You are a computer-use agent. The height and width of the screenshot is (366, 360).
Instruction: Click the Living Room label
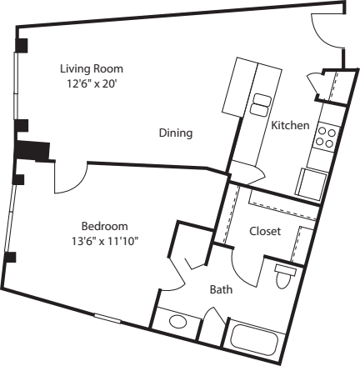point(92,68)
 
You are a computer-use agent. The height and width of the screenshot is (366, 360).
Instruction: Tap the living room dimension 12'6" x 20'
point(92,83)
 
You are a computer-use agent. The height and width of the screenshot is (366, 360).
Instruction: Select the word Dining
point(176,133)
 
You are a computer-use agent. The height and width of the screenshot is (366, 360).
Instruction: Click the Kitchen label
point(290,125)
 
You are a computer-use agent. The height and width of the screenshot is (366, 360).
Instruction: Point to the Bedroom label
point(105,226)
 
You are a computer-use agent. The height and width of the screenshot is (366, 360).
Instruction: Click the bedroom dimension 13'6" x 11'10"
point(105,242)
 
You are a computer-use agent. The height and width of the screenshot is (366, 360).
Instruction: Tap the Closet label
point(265,231)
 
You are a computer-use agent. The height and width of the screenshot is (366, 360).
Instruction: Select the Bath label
point(221,289)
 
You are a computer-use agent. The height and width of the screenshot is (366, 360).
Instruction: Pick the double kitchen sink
point(260,104)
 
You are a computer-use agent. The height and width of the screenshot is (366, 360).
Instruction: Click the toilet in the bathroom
point(284,276)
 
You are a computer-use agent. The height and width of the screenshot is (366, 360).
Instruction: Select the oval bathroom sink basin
point(178,322)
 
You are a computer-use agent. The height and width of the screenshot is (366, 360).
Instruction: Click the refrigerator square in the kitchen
point(312,184)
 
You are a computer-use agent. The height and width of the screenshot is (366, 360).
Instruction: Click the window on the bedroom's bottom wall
point(107,318)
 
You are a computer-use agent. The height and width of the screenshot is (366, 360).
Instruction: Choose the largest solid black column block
point(32,151)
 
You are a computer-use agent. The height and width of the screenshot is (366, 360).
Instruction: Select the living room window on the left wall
point(17,86)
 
